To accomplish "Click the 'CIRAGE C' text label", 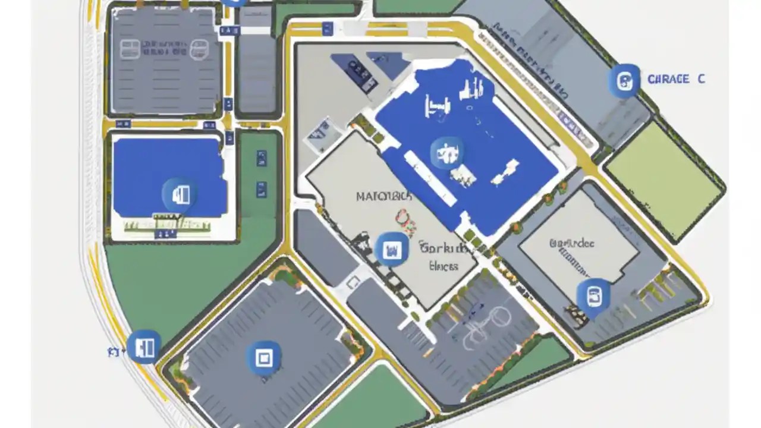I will (x=676, y=79).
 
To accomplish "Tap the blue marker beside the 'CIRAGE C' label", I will (x=624, y=80).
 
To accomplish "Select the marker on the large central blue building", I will (x=446, y=153).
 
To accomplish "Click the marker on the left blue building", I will (x=180, y=194).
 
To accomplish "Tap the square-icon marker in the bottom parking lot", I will (x=263, y=358).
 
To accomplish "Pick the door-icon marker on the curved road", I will (x=144, y=347).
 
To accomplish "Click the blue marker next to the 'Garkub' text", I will (x=392, y=248).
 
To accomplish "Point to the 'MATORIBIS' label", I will (x=383, y=196).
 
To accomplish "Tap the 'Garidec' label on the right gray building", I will (x=572, y=243).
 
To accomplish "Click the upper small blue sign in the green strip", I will (x=261, y=158).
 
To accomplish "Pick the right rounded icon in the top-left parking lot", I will (x=199, y=49).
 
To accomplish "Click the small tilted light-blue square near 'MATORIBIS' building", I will (x=322, y=133).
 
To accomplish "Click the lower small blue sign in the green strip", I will (x=261, y=190).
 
